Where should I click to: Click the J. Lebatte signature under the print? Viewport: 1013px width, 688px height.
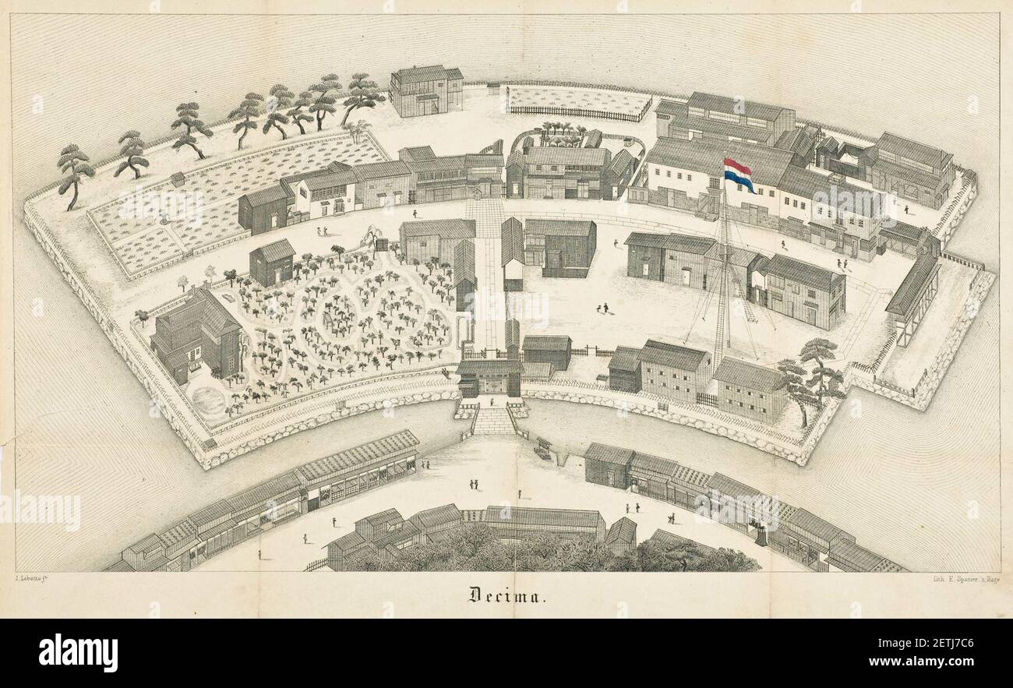[x=39, y=577]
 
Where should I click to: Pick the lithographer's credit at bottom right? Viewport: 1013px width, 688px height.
[x=964, y=577]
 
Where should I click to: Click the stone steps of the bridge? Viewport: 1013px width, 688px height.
[x=493, y=422]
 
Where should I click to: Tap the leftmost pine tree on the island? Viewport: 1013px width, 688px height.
[x=74, y=173]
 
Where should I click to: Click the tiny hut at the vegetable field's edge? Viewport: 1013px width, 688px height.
[x=178, y=179]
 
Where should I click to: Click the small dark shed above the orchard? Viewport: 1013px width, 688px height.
[x=273, y=263]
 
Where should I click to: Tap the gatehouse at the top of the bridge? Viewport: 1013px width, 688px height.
[x=489, y=377]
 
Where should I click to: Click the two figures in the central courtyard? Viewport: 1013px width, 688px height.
[x=602, y=308]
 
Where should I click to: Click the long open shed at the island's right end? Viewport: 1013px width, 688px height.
[x=912, y=298]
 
